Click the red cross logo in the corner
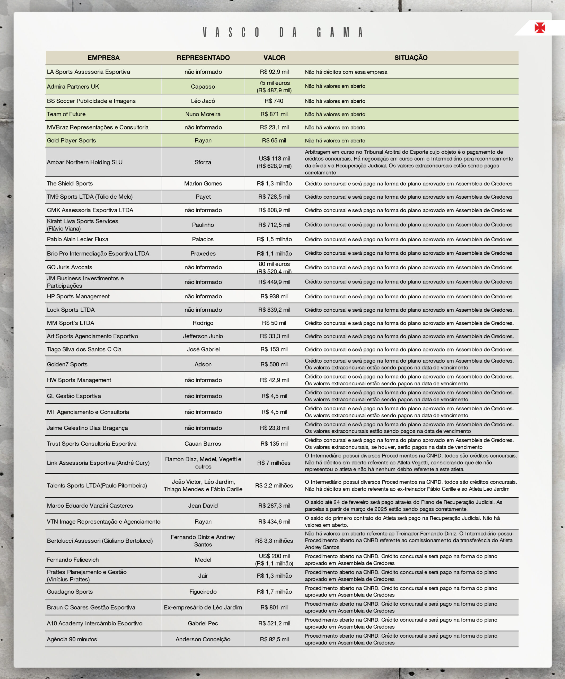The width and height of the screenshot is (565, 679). [x=540, y=28]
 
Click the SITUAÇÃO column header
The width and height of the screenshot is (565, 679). [x=411, y=58]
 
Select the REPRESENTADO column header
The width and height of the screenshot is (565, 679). [x=203, y=58]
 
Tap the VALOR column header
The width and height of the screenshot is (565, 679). [x=274, y=58]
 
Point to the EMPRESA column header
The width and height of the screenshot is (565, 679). [x=103, y=58]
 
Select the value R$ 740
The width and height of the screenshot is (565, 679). [x=274, y=101]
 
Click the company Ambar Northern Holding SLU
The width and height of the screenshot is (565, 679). [x=85, y=162]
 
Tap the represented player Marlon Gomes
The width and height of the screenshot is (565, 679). [x=203, y=184]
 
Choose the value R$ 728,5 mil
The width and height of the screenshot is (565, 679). [x=274, y=197]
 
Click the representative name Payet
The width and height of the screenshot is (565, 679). [x=203, y=197]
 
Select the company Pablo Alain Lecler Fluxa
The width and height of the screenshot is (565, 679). [x=78, y=239]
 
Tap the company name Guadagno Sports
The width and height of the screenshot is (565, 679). [x=70, y=592]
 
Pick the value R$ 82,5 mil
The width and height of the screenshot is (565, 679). [x=274, y=639]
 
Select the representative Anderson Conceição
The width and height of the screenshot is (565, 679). [x=203, y=639]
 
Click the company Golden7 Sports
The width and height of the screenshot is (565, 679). [x=67, y=364]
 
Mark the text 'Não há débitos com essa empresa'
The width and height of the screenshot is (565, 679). [x=346, y=72]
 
